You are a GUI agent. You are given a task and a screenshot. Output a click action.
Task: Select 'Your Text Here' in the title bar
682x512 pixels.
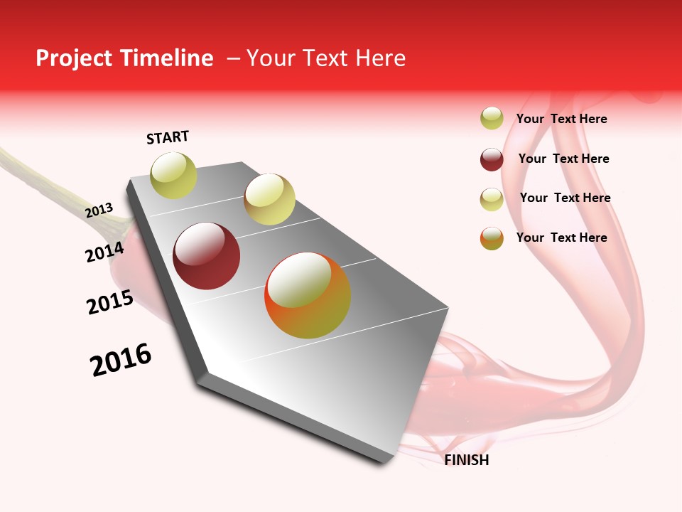(326, 58)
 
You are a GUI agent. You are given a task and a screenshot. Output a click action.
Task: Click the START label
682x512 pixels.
(168, 137)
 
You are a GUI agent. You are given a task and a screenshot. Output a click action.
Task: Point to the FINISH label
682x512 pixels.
(466, 460)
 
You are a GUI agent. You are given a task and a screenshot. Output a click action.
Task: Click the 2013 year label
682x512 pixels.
(99, 210)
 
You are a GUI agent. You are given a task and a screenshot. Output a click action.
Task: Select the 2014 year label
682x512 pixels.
(104, 252)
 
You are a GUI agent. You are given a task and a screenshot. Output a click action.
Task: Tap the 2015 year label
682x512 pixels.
(110, 302)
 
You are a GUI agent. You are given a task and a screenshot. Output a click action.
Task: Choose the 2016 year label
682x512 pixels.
(121, 360)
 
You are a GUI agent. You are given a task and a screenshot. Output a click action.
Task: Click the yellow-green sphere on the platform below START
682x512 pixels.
(174, 176)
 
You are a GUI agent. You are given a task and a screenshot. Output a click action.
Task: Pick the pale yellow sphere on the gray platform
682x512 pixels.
(269, 199)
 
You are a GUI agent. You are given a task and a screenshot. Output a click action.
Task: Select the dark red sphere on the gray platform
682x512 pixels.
(207, 256)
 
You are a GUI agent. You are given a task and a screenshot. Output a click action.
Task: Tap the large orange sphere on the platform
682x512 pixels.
(308, 295)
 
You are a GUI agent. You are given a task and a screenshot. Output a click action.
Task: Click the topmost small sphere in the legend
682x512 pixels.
(492, 118)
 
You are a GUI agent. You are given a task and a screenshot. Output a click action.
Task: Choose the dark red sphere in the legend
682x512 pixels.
(492, 159)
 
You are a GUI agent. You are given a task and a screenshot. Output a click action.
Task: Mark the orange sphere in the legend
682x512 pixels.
(492, 238)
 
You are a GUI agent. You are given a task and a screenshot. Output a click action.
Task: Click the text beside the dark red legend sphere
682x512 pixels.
(563, 159)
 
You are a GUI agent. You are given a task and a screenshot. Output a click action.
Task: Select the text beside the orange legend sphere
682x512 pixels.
(561, 238)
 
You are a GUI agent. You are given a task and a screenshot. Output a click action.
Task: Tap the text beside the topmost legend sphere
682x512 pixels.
(561, 119)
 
